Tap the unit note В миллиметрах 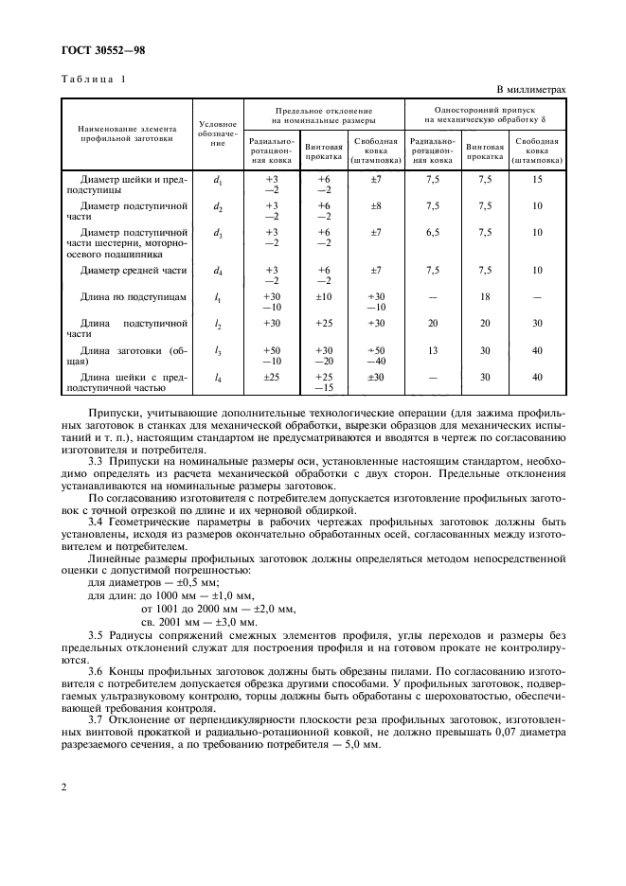528,90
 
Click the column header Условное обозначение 218,133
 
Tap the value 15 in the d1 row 537,179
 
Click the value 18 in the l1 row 486,297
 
